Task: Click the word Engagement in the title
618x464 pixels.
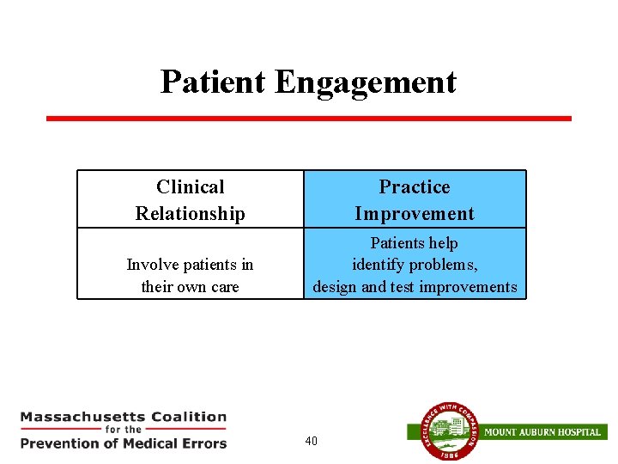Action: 366,83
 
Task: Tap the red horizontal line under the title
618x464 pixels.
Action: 308,119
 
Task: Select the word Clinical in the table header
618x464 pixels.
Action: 190,186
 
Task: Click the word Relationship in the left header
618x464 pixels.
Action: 190,213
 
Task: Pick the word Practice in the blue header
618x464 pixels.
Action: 415,186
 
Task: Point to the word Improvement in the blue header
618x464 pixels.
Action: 415,213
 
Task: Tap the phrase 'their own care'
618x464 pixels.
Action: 190,286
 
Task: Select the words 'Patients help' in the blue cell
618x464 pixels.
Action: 414,243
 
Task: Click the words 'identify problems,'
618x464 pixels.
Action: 415,265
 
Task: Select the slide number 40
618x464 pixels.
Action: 311,441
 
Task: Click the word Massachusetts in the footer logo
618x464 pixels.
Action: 82,417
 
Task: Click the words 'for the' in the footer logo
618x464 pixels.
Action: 124,430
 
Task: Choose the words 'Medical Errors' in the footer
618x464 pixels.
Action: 182,443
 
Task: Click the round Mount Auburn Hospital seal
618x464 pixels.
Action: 444,432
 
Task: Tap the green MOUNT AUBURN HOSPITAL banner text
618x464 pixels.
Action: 542,431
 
